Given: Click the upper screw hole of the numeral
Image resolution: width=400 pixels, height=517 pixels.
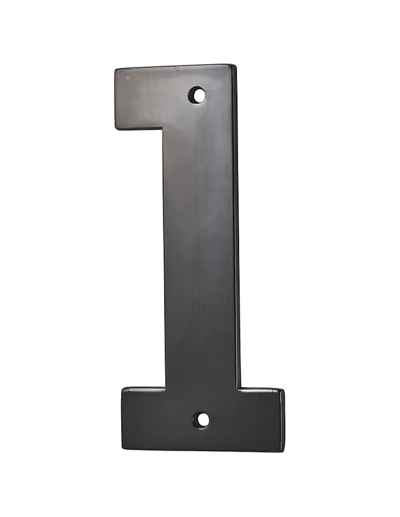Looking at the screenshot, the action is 197,95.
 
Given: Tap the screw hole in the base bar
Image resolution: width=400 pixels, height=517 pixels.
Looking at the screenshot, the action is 201,420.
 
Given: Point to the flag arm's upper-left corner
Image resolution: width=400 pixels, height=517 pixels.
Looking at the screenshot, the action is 115,69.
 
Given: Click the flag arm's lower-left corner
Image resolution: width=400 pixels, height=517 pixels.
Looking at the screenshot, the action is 116,129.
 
